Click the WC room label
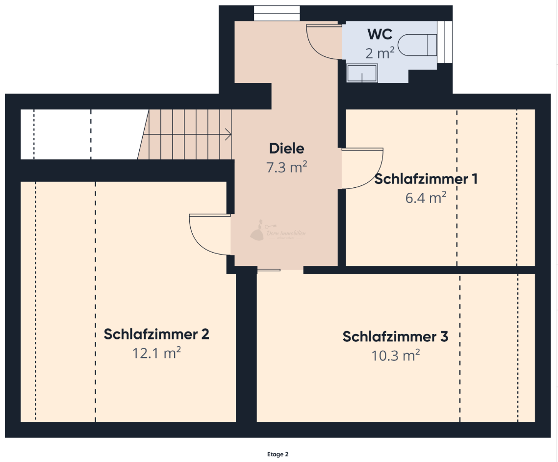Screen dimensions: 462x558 click(380, 35)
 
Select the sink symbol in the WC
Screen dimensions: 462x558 click(362, 74)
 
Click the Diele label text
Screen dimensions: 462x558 click(287, 148)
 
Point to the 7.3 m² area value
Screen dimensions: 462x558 click(287, 167)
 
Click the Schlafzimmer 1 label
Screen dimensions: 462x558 click(426, 179)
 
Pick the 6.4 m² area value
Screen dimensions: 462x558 click(426, 198)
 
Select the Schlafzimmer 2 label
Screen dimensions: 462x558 click(156, 334)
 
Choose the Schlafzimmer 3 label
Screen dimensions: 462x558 click(395, 337)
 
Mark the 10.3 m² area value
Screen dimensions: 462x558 click(395, 356)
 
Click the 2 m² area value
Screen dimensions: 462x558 click(380, 53)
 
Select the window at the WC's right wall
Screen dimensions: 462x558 click(444, 42)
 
